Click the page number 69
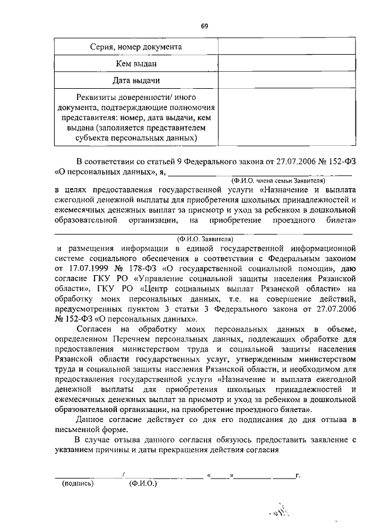(204, 26)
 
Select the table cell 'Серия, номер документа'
(136, 46)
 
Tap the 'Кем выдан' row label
(136, 63)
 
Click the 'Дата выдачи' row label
(136, 80)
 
